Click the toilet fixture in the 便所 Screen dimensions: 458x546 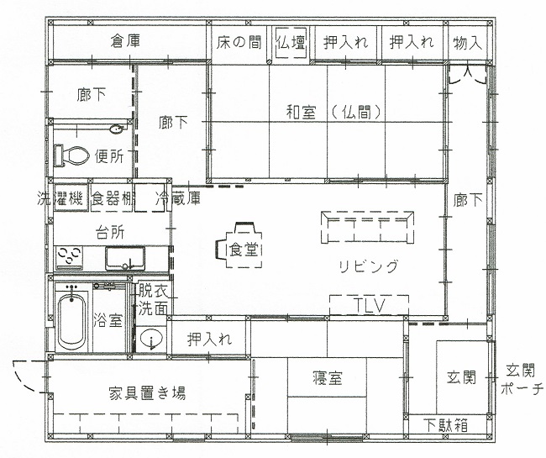click(x=72, y=155)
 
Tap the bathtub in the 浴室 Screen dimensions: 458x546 click(x=72, y=319)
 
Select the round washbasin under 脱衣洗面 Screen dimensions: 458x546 click(x=151, y=340)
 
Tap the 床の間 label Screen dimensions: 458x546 click(x=239, y=41)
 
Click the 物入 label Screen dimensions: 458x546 click(x=467, y=41)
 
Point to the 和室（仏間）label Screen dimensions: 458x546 click(x=334, y=110)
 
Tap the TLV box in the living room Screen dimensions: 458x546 click(x=369, y=305)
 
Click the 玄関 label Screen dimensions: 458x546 click(x=462, y=376)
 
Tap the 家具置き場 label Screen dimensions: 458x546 click(x=147, y=392)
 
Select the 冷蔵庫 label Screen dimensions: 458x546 click(x=179, y=199)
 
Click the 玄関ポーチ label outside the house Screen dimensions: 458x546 click(x=522, y=380)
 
